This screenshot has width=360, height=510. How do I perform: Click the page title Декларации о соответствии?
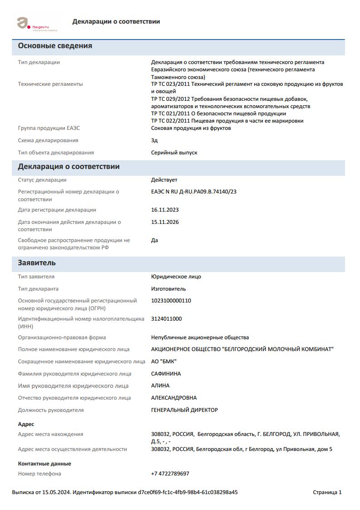tap(116, 21)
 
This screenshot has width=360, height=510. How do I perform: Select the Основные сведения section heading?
tap(55, 46)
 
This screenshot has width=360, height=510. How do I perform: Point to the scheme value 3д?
tap(154, 140)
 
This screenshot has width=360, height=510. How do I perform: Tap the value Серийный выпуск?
tap(174, 153)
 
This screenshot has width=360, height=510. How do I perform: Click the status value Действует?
tap(164, 180)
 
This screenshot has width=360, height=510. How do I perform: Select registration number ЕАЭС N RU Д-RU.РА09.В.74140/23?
tap(193, 192)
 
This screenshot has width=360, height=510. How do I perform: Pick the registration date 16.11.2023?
tap(165, 210)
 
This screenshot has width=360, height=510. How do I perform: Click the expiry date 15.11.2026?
tap(165, 222)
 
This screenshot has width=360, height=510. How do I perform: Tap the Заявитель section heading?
tap(37, 263)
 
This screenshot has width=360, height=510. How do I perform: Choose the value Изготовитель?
tap(168, 289)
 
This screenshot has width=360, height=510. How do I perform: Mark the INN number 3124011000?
tap(166, 319)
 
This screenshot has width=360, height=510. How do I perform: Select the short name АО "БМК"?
tap(163, 361)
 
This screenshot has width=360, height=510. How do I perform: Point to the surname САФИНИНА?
tap(166, 374)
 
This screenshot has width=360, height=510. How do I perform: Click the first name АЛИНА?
tap(160, 386)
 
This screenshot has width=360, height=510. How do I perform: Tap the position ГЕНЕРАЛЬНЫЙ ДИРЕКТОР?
tap(184, 410)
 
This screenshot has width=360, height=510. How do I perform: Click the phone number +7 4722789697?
tap(170, 474)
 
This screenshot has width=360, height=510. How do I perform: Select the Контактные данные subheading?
tap(44, 464)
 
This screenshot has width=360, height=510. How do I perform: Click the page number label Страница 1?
tap(327, 492)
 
